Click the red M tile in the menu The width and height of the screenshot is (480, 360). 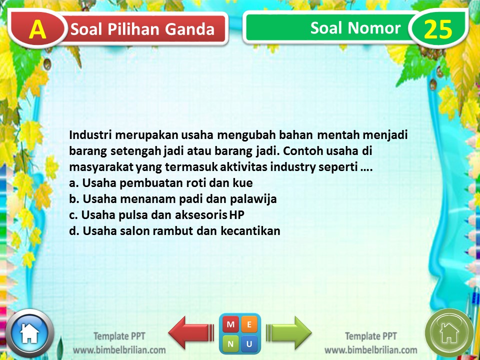point(230,324)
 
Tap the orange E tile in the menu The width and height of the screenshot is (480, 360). point(249,324)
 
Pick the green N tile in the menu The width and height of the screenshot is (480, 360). point(230,343)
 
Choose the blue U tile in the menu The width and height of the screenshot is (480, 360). point(249,343)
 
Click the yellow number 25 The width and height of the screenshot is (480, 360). point(438,30)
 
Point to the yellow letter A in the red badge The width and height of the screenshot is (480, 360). point(37,30)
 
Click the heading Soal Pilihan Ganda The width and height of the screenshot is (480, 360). point(142,30)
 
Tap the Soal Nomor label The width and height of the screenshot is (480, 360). point(355,28)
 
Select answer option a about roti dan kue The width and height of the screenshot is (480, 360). point(161,183)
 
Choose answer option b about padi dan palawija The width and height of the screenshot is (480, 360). point(173,199)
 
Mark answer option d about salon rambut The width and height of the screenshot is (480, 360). point(175,231)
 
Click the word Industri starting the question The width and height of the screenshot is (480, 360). point(88,135)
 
